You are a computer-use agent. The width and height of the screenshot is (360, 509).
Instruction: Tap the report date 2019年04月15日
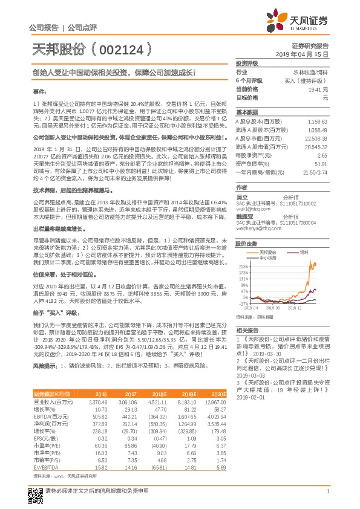(306, 54)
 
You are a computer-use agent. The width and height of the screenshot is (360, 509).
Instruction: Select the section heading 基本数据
(246, 113)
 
